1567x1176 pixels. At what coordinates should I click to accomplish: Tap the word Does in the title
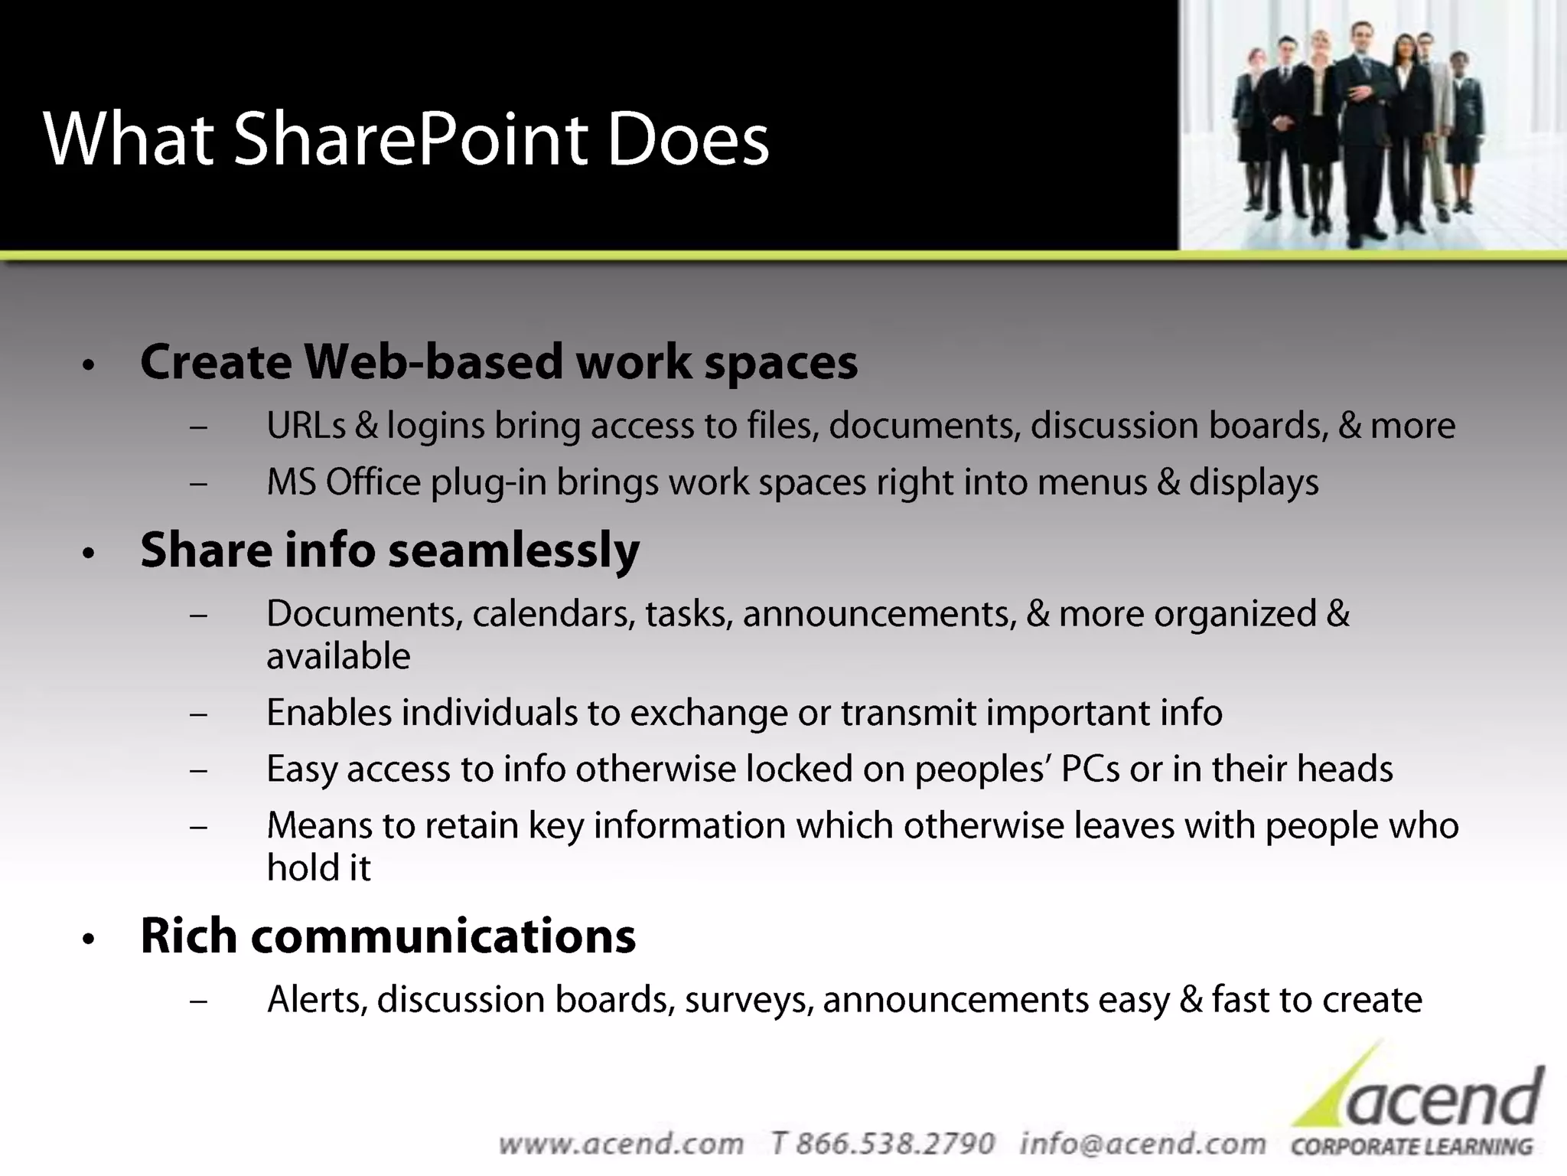688,139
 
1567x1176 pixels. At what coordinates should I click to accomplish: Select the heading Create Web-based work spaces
499,361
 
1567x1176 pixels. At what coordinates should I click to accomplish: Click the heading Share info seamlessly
389,550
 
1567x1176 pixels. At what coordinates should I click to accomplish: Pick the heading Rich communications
388,936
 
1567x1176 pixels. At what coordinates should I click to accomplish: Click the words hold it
318,868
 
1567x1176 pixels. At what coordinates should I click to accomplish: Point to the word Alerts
317,1000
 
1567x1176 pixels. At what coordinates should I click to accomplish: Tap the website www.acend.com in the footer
621,1144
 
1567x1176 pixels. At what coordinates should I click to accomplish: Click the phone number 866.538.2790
894,1144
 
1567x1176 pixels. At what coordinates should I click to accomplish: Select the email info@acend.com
1142,1144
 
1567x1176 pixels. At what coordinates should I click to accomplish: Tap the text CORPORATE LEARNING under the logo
1412,1147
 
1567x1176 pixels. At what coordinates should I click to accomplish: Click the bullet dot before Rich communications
89,939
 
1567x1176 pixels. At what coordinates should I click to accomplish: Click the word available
338,657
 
